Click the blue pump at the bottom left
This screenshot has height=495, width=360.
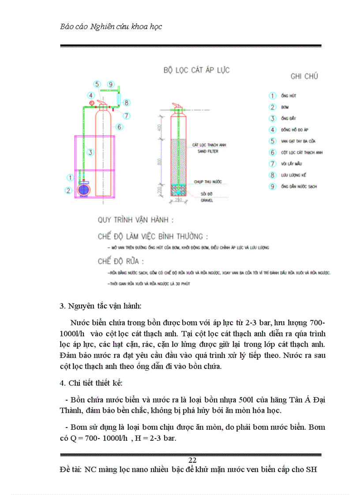[83, 190]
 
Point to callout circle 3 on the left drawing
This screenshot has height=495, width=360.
[90, 153]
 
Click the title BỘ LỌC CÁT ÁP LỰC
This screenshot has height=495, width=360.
[196, 70]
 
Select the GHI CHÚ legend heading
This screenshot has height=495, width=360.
[304, 76]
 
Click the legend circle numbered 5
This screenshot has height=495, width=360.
[273, 141]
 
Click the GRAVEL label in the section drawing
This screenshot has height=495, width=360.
[207, 200]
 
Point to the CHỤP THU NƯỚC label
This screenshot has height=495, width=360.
[207, 181]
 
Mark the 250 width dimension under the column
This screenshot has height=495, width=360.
[179, 200]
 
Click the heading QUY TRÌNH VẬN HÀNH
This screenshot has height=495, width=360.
[135, 220]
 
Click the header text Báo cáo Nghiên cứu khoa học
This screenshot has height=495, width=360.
[111, 26]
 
